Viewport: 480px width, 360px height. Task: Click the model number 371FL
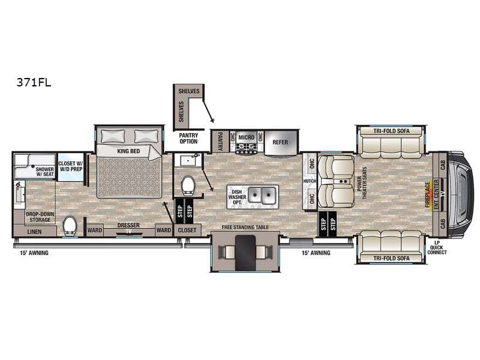point(34,83)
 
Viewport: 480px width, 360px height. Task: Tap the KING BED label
point(128,151)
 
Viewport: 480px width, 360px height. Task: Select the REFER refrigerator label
point(280,142)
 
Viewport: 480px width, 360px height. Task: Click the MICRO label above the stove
point(247,137)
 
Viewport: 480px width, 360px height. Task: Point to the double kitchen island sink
point(262,195)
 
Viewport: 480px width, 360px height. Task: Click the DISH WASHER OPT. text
point(237,197)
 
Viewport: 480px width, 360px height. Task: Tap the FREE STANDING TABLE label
point(245,227)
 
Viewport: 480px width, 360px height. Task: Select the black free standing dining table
point(245,253)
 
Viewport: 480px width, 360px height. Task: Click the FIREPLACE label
point(427,194)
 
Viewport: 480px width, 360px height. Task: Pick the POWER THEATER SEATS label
point(362,183)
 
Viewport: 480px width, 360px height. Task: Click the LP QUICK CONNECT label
point(437,247)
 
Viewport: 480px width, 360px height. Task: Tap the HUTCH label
point(310,181)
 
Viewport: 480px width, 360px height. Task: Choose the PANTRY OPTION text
point(188,139)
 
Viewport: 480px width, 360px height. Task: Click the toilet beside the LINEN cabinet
point(70,226)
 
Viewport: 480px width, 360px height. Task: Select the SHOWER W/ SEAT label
point(45,172)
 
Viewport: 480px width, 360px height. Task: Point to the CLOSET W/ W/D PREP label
point(71,166)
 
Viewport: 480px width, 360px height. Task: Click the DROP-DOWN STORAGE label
point(40,217)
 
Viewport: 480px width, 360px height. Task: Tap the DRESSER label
point(128,226)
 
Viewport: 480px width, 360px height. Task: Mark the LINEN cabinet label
point(34,232)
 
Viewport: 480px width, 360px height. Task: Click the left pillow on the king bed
point(113,136)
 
